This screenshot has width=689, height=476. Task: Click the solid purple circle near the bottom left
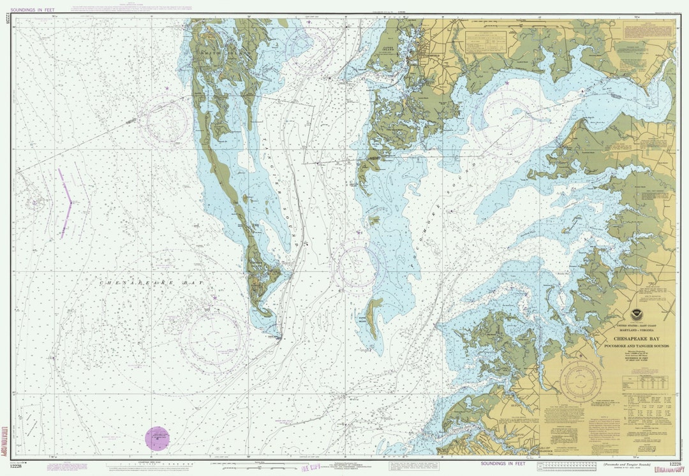click(158, 438)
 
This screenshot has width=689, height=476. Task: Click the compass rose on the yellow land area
click(581, 381)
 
